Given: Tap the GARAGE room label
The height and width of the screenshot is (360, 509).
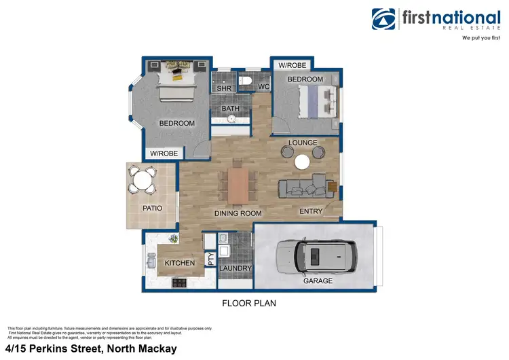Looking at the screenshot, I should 318,281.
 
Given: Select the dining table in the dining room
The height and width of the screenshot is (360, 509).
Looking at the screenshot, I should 238,184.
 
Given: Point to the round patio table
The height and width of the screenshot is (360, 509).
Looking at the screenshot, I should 143,180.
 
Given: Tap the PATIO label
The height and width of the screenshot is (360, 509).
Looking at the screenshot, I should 152,208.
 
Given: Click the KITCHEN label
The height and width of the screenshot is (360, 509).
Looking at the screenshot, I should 180,263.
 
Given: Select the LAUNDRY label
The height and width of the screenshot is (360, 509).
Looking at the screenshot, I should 235,268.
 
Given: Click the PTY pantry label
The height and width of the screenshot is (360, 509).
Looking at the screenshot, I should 210,259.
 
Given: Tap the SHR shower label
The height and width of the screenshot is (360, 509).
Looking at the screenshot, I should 223,88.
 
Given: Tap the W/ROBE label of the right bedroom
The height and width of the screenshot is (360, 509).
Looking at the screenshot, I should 292,65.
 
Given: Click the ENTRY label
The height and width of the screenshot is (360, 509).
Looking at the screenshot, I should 311,211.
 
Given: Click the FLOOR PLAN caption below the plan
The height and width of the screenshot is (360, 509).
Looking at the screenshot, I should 249,303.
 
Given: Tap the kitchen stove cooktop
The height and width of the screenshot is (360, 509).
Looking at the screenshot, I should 180,283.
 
